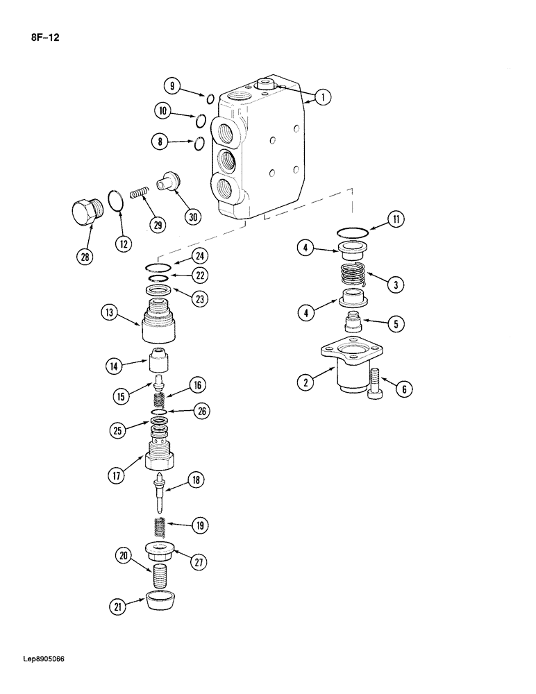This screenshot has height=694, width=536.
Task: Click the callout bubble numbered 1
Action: tap(321, 97)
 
